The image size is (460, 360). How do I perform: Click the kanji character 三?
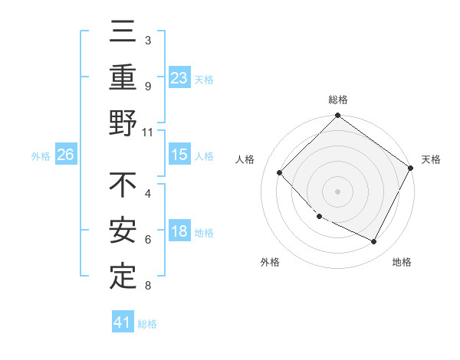coord(123,34)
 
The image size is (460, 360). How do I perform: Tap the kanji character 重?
coord(123,78)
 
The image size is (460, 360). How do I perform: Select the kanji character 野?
coord(123,123)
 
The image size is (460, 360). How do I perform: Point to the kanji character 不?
coord(123,186)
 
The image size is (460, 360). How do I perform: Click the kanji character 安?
coord(123,231)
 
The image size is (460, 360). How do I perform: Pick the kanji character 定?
coord(123,277)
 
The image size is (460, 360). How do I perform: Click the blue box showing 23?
coord(179,77)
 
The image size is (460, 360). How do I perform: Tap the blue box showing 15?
coord(179,155)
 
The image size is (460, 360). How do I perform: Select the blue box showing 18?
coord(179,232)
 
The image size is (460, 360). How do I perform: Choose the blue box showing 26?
coord(65,155)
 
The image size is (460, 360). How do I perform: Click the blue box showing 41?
coord(123,322)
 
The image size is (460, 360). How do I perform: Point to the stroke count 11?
coord(149,132)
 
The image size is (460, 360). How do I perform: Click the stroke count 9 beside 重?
coord(148,87)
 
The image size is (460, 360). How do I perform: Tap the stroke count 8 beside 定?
coord(148,286)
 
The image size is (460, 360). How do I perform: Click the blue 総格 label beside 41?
coord(147,324)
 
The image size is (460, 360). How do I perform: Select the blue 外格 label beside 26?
coord(41,156)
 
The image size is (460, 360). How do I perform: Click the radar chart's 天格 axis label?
coord(431,159)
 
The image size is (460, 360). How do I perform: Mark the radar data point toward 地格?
coord(374,242)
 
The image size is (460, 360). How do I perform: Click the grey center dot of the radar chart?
coord(337,191)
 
